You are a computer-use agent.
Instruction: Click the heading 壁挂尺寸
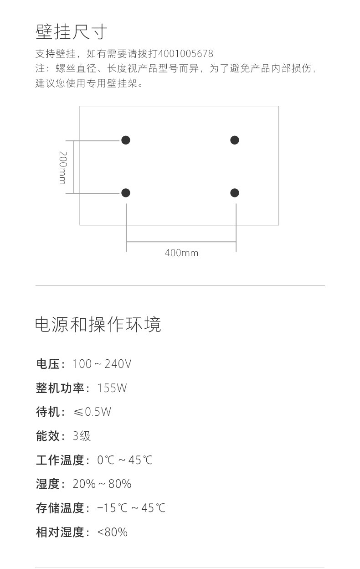click(72, 32)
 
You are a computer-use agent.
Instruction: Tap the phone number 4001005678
click(185, 54)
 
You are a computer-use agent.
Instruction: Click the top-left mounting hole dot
click(126, 140)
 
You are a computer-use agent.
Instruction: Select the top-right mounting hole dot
click(235, 140)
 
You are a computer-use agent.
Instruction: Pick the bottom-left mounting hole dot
click(126, 193)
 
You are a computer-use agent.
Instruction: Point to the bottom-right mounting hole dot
click(235, 193)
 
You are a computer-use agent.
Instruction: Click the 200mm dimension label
click(62, 167)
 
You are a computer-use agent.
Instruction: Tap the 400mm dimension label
click(181, 253)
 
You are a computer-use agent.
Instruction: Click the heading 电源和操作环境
click(98, 325)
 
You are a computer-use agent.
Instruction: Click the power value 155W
click(112, 388)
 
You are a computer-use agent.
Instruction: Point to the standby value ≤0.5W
click(92, 412)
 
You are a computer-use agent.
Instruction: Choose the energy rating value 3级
click(82, 436)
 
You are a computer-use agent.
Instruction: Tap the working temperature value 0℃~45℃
click(125, 460)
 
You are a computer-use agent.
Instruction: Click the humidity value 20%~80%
click(102, 484)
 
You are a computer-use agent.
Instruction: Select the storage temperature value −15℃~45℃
click(131, 508)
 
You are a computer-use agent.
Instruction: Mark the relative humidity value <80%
click(113, 532)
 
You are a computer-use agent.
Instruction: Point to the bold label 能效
click(48, 436)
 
